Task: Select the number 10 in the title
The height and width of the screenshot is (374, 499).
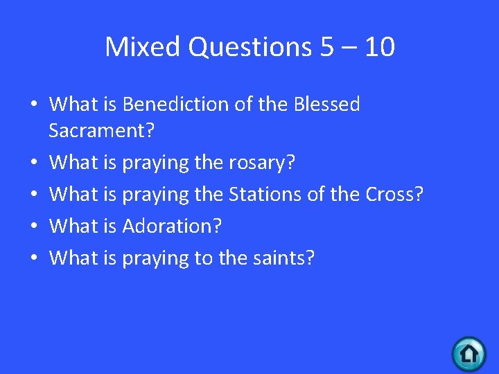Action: coord(378,47)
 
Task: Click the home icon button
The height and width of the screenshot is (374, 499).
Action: coord(469,354)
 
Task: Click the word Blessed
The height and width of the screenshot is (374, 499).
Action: coord(327,105)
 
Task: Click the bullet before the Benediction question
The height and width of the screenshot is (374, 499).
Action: coord(34,105)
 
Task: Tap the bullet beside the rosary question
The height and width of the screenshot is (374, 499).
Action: coord(34,163)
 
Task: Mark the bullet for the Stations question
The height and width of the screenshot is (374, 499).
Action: coord(34,195)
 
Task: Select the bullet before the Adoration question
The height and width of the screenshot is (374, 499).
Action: coord(34,226)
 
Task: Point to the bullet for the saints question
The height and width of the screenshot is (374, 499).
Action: coord(34,258)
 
